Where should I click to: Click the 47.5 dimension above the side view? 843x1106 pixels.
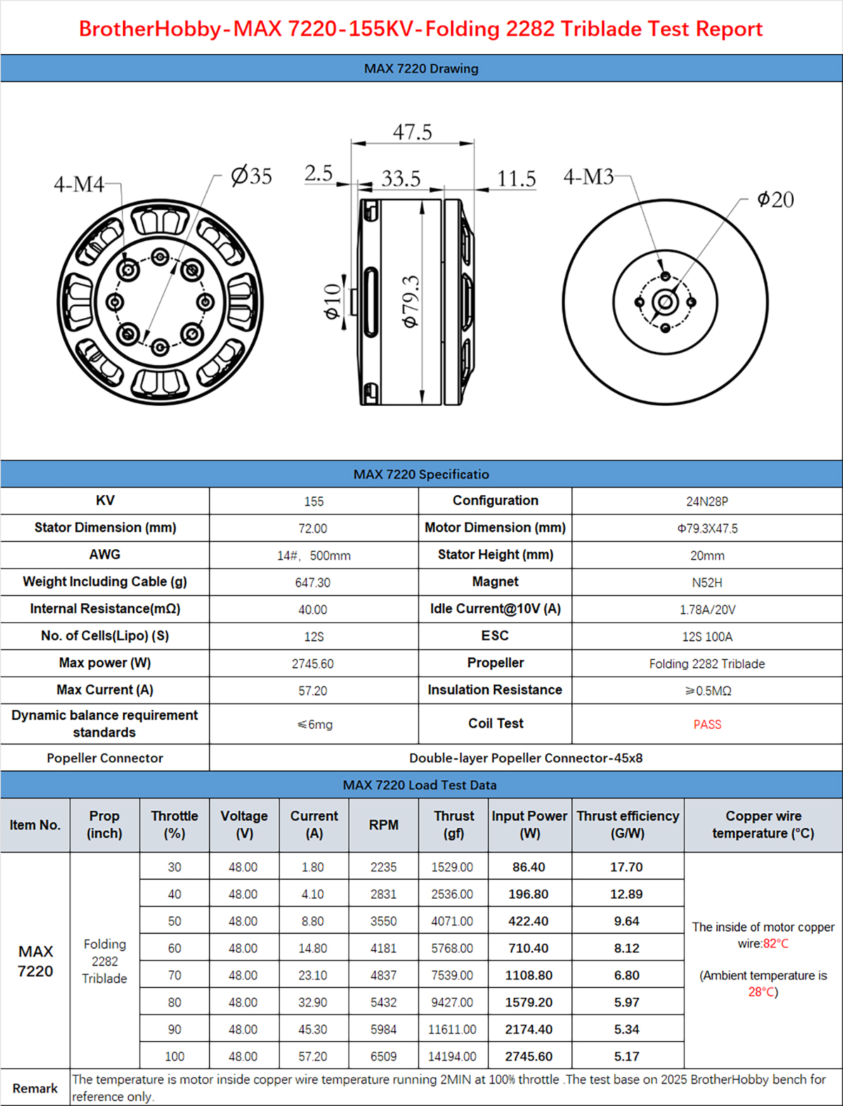coord(412,132)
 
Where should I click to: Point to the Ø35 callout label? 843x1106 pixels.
coord(251,176)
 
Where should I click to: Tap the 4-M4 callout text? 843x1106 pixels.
coord(79,185)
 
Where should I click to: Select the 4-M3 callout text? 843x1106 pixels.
coord(588,176)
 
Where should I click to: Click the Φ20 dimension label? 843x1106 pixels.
coord(776,200)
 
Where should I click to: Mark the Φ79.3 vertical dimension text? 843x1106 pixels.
coord(410,301)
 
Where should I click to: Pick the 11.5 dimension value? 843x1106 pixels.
coord(516,179)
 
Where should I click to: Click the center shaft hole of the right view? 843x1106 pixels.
coord(665,303)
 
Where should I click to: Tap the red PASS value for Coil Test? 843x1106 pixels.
coord(707,725)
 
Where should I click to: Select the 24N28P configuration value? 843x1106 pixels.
coord(707,501)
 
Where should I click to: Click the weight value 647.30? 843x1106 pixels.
coord(313,583)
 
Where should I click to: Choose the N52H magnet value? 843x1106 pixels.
coord(707,583)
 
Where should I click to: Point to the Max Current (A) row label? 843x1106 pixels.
coord(105,690)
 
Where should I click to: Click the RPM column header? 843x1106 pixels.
coord(384,825)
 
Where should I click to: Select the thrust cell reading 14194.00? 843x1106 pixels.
coord(452,1056)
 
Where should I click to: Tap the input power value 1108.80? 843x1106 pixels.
coord(528,975)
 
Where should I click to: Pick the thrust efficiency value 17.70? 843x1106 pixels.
coord(626,867)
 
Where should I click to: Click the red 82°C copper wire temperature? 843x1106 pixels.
coord(776,944)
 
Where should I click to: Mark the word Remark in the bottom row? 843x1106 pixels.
coord(35,1088)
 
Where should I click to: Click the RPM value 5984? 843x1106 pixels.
coord(384,1029)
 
